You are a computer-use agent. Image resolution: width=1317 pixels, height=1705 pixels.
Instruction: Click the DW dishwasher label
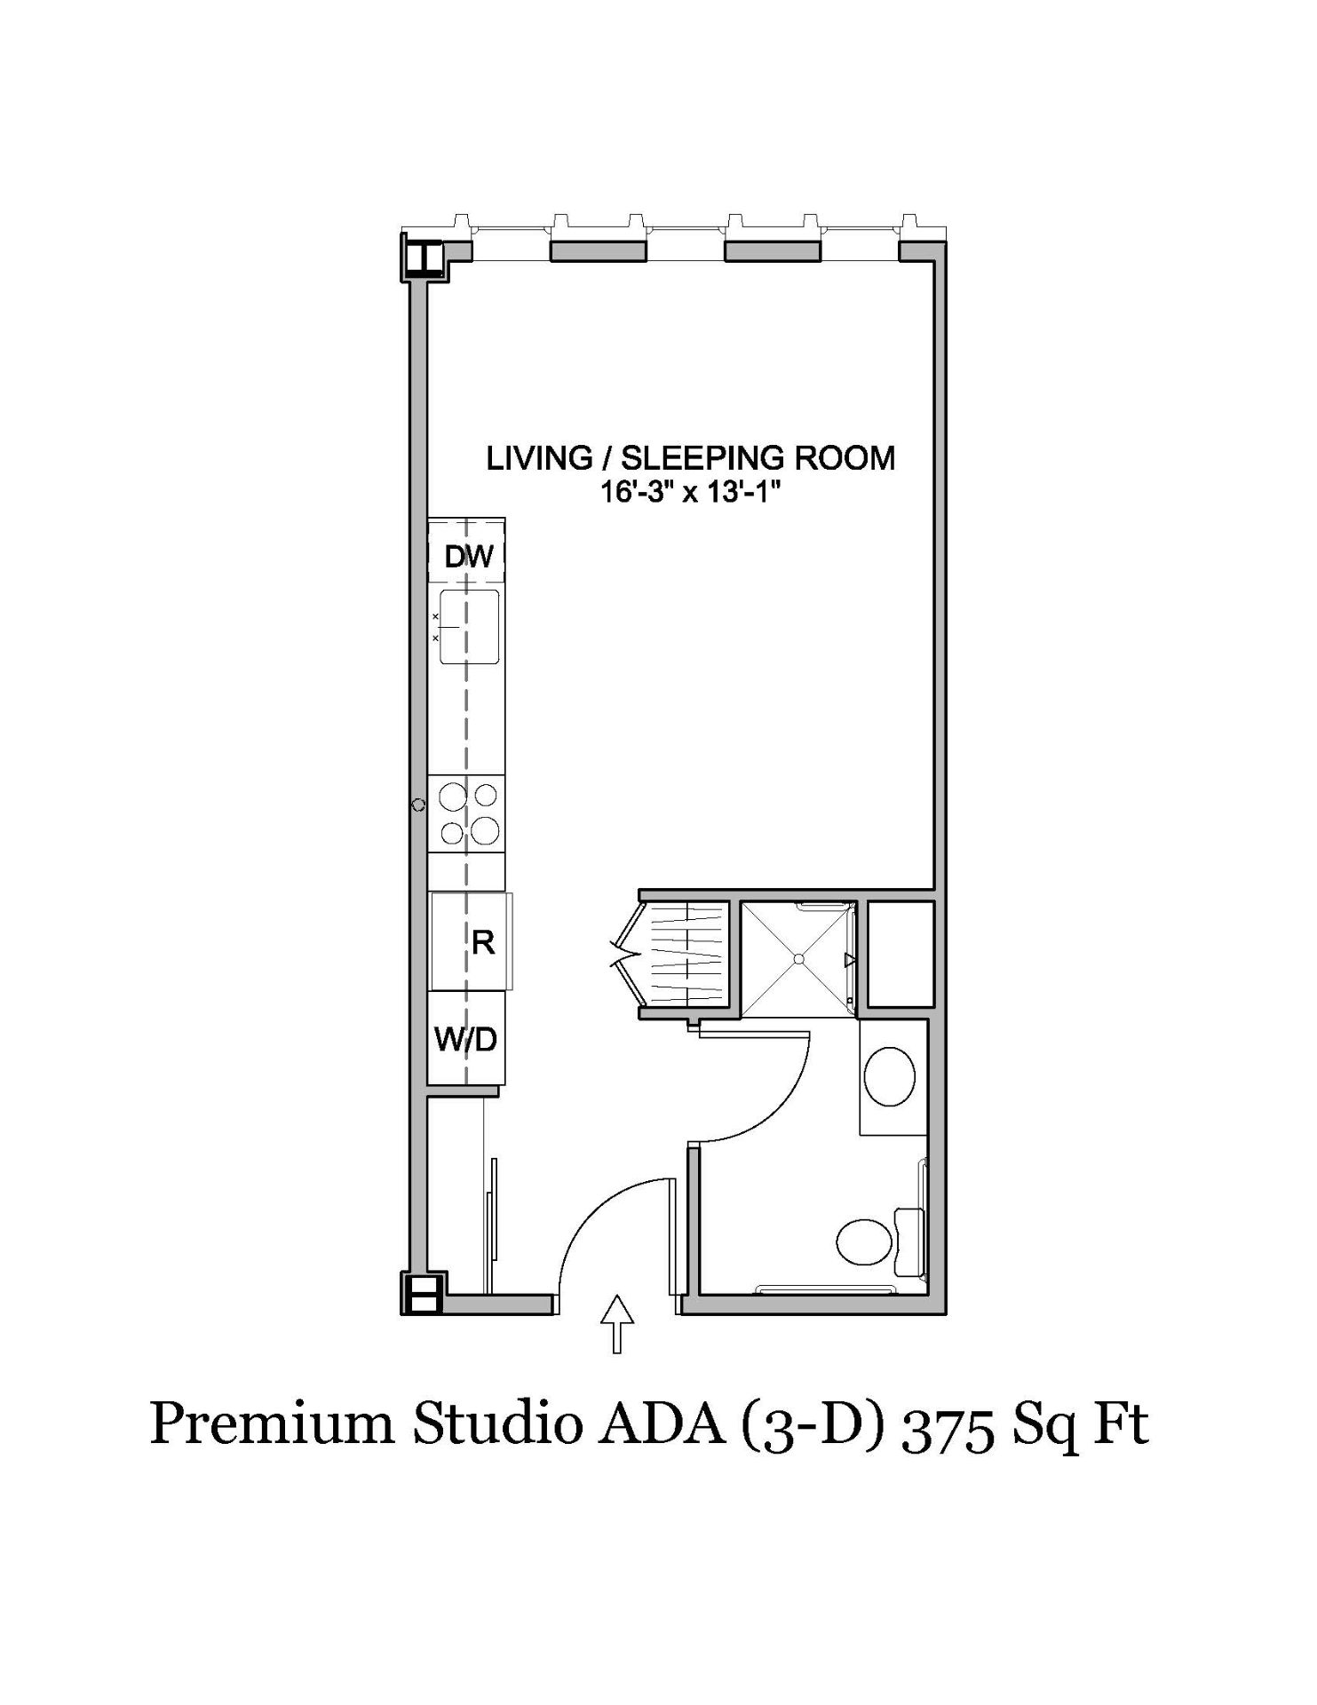(469, 557)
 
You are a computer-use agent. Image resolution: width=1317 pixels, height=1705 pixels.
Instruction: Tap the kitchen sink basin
(468, 627)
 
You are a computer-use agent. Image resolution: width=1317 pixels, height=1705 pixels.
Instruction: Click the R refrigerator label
(483, 942)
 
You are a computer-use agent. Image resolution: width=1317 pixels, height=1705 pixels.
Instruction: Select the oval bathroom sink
(889, 1076)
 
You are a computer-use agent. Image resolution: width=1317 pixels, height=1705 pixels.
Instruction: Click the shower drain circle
(798, 959)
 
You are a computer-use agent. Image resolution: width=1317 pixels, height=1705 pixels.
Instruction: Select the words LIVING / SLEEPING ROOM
(690, 458)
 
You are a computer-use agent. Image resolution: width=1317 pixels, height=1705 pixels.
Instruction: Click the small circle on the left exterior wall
(419, 805)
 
